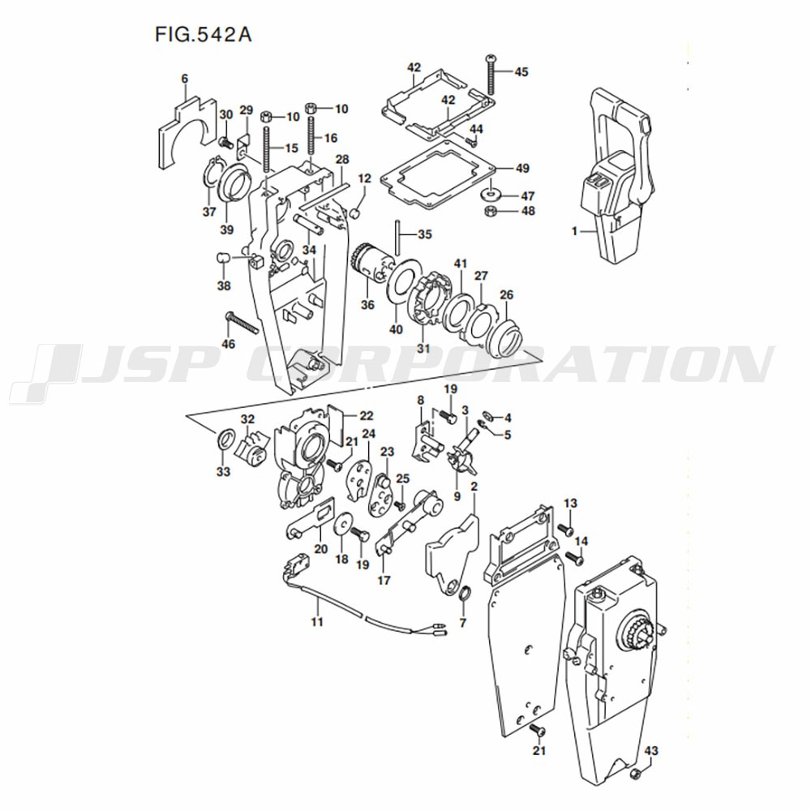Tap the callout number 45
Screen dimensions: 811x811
click(x=521, y=71)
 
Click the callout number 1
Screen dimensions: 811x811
click(x=574, y=231)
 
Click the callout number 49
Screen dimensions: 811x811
click(x=522, y=169)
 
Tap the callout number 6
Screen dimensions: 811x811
click(x=184, y=78)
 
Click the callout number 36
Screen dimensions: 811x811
click(x=368, y=305)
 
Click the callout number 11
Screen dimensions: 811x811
click(x=317, y=622)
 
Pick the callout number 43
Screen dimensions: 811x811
click(x=651, y=750)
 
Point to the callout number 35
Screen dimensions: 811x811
click(x=425, y=234)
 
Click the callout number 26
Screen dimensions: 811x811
click(x=507, y=294)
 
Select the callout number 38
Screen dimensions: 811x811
click(x=223, y=285)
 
